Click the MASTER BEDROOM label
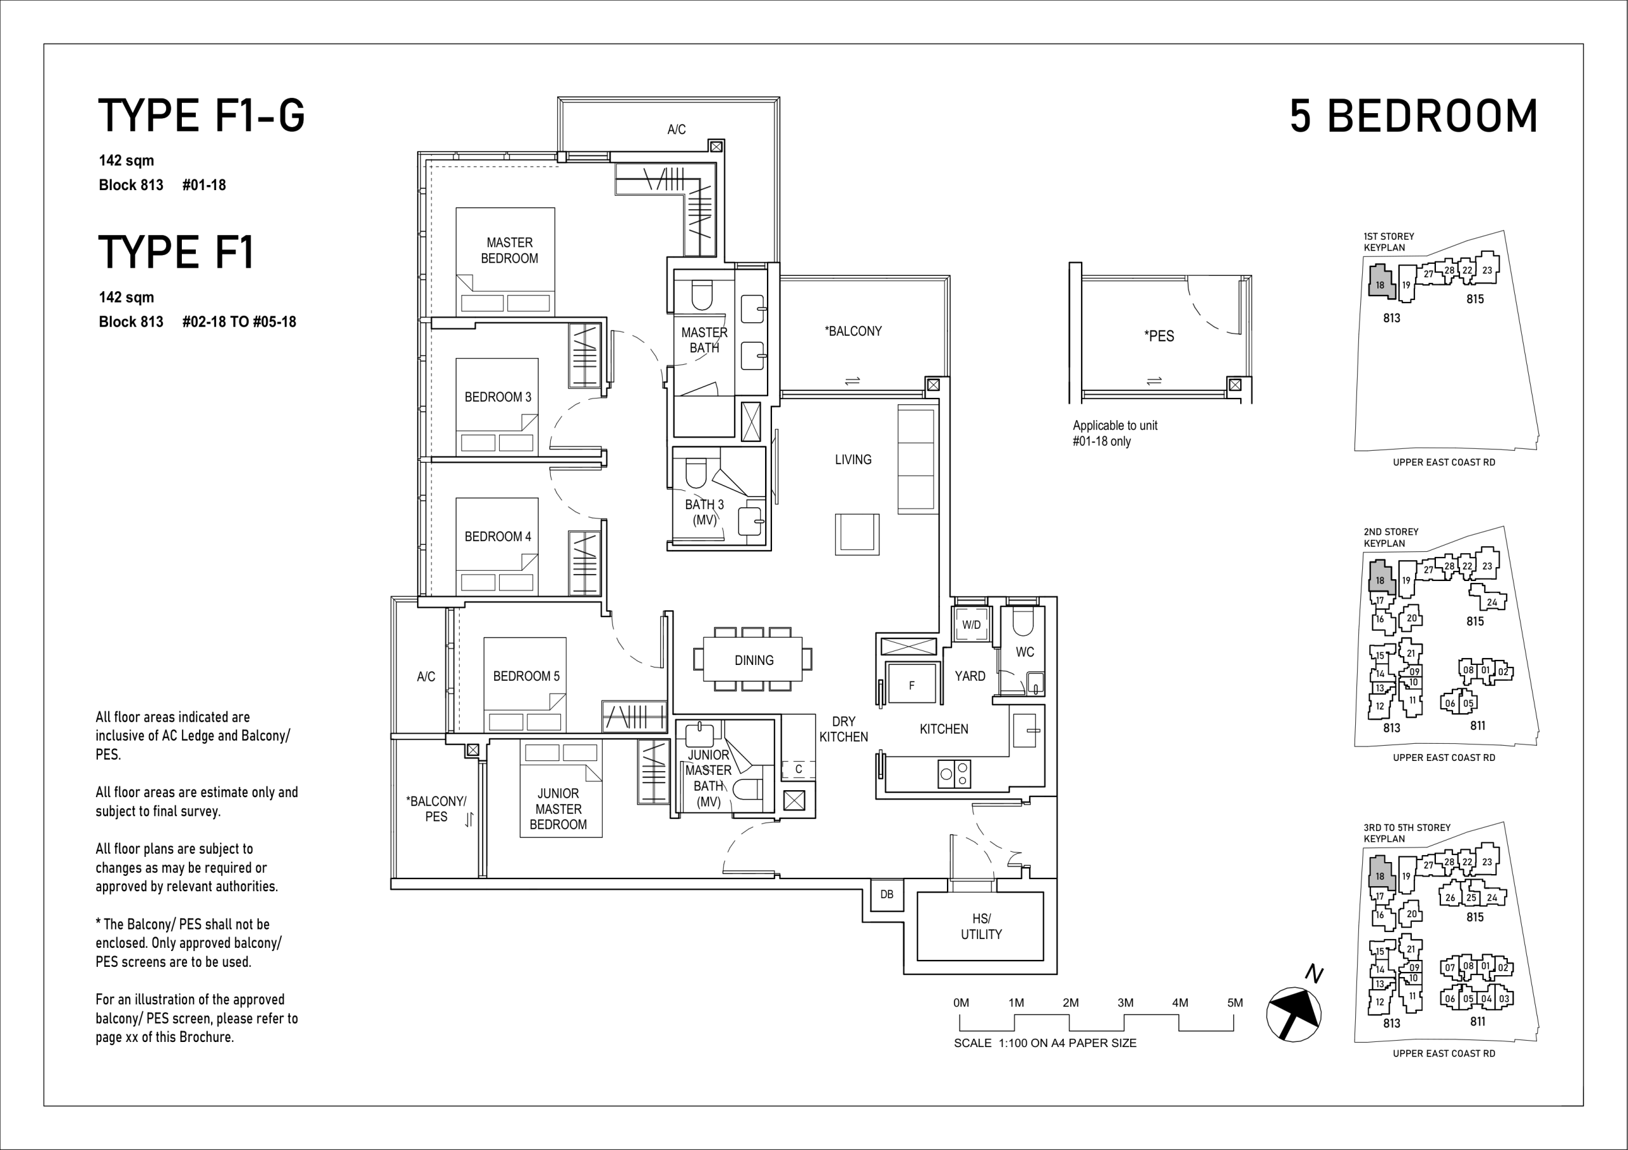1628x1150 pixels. tap(509, 250)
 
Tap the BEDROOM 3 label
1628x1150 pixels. tap(497, 397)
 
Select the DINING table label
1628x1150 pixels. tap(754, 660)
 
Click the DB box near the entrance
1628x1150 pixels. tap(887, 894)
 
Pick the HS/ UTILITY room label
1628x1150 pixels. tap(981, 927)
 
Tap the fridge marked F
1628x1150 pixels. tap(912, 683)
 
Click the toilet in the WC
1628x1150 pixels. tap(1024, 622)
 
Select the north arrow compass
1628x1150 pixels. tap(1293, 1014)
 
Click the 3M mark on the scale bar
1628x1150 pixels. tap(1125, 1003)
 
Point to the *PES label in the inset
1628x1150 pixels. tap(1159, 336)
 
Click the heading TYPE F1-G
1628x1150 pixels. tap(202, 116)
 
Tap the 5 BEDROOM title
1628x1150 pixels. tap(1414, 116)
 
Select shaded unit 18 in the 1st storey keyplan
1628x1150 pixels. tap(1379, 282)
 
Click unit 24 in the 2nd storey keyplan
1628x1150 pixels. tap(1492, 602)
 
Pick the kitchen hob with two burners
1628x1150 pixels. tap(955, 774)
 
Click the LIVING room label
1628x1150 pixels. tap(853, 460)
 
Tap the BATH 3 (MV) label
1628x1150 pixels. tap(704, 512)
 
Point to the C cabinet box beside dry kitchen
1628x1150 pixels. tap(798, 769)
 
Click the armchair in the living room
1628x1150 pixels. tap(857, 534)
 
